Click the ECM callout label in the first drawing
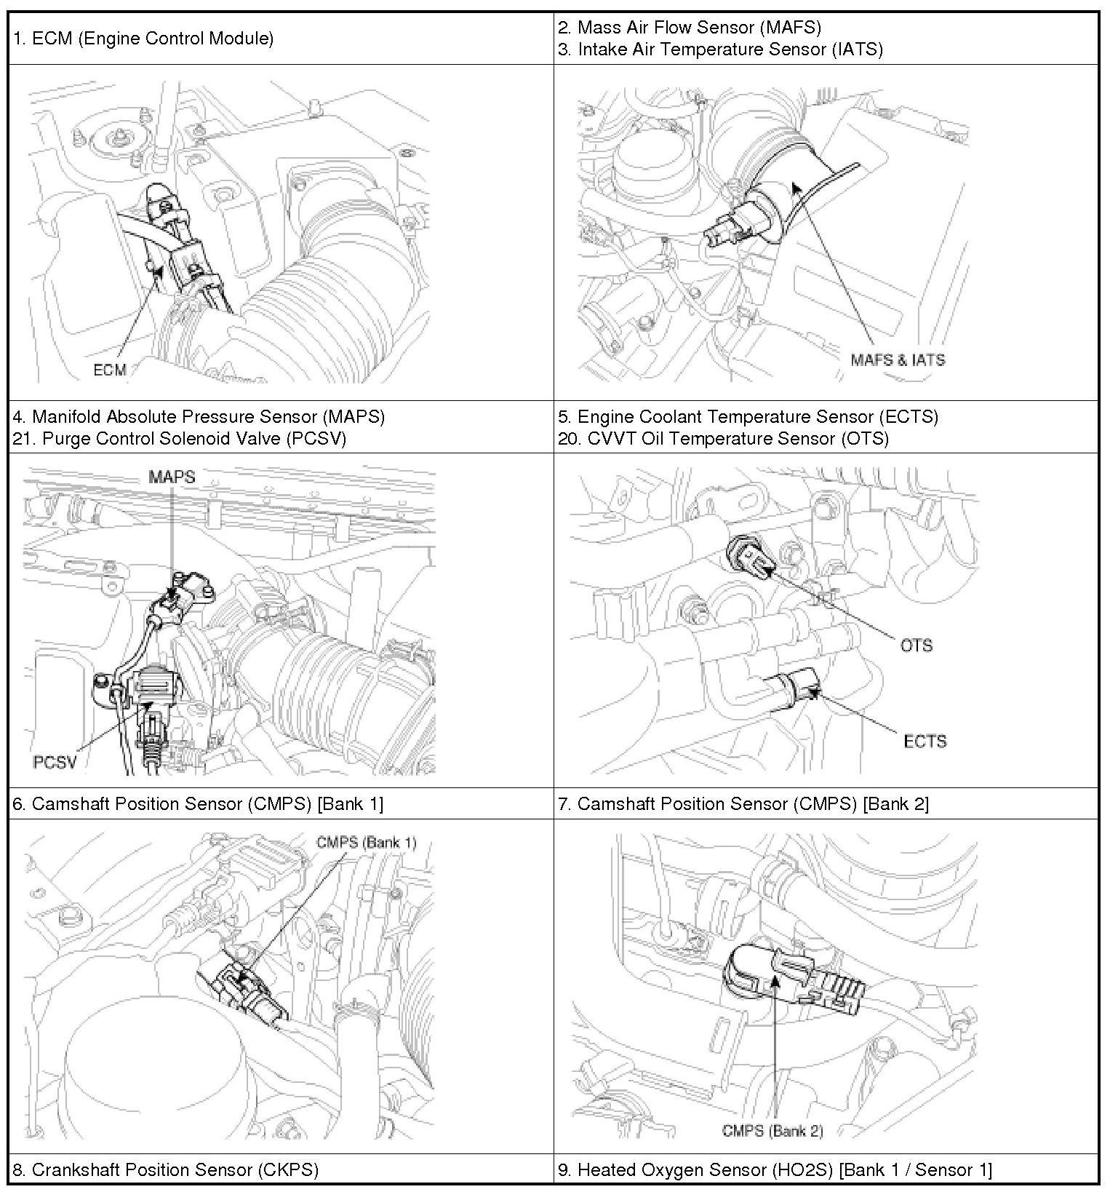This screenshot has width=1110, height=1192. (110, 370)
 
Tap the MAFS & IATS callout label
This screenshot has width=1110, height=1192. (898, 359)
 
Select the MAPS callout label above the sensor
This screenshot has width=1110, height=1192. (172, 477)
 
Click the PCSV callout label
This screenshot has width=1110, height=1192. (55, 762)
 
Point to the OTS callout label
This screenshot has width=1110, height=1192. (916, 645)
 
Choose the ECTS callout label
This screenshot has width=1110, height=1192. (925, 742)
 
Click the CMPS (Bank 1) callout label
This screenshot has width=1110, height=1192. (366, 842)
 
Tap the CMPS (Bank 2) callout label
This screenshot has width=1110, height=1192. (772, 1130)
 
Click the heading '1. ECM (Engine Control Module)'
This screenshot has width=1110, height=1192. (143, 38)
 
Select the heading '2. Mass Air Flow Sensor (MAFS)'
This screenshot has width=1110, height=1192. (690, 28)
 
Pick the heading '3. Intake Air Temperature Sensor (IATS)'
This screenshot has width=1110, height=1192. (720, 49)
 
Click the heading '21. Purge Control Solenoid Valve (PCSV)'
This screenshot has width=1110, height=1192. (179, 438)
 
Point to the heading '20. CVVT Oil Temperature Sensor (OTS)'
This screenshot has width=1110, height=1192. (723, 438)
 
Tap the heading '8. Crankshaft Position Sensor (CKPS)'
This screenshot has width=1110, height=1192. (166, 1169)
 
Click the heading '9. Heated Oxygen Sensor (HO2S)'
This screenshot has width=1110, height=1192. (775, 1169)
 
